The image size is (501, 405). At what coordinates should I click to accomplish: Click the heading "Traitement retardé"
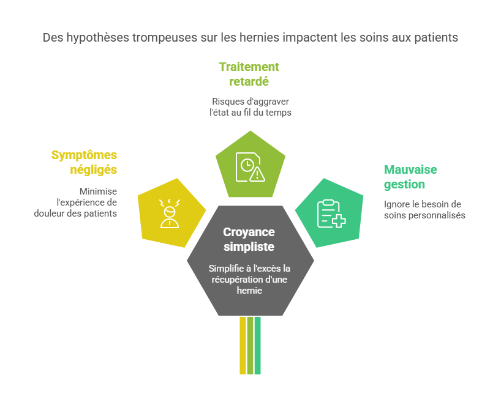(249, 74)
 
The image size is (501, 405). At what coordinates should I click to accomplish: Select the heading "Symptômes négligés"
(84, 162)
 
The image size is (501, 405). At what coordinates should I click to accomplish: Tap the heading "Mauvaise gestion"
(410, 177)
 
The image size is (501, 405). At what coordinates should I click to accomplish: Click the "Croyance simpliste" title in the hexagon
(249, 239)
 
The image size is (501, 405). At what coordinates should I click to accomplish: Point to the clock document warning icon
(251, 166)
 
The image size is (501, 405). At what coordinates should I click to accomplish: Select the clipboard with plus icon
(331, 214)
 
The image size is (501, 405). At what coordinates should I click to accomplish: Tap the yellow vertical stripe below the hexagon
(243, 345)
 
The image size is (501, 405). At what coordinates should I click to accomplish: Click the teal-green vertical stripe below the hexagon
(258, 345)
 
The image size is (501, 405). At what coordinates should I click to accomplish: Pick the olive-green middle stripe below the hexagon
(250, 345)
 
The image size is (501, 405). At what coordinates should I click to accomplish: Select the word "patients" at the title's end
(437, 38)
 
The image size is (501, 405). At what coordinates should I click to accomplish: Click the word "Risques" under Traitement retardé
(228, 101)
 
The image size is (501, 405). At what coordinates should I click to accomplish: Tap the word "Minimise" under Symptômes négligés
(98, 191)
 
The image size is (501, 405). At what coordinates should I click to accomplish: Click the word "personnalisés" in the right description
(439, 215)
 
